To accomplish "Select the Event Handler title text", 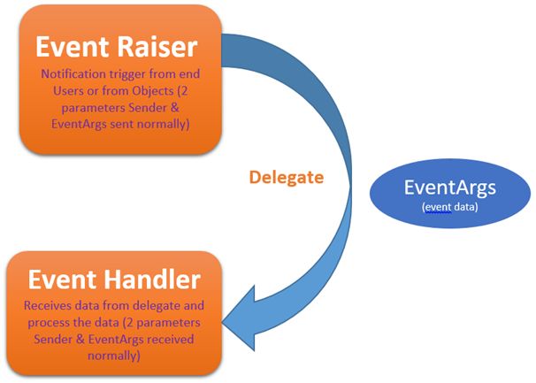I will coord(114,280).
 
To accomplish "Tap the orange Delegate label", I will coord(286,177).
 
